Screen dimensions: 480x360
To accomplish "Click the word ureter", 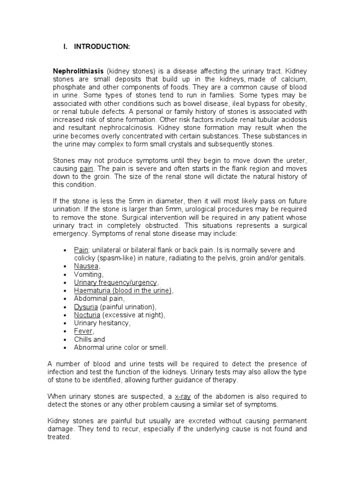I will click(294, 160).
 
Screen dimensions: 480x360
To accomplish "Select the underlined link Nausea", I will click(86, 266).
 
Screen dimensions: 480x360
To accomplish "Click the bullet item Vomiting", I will click(88, 274).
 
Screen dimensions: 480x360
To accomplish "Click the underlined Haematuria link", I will click(123, 291).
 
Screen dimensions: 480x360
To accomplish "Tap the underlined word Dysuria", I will click(85, 307).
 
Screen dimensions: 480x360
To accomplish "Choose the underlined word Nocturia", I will click(87, 315).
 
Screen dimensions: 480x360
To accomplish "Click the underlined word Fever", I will click(83, 331).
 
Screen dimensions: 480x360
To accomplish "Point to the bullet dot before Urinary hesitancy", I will click(64, 323).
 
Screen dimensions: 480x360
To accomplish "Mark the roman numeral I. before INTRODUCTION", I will click(66, 46).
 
